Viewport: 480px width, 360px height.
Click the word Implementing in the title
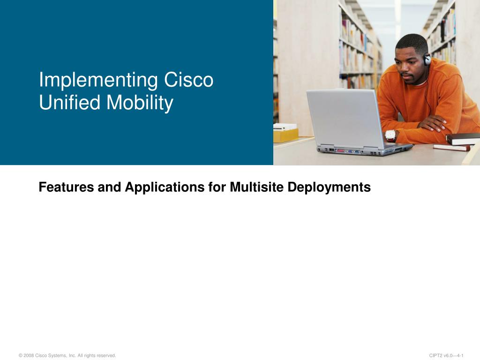98,80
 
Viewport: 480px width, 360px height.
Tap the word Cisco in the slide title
188,80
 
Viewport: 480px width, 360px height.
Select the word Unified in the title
70,102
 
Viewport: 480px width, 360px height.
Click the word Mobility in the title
140,103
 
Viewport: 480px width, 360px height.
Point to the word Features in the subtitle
66,187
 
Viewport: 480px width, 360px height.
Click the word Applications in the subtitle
165,187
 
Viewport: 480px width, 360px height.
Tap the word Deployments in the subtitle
329,187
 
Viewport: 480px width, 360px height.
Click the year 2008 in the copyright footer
29,355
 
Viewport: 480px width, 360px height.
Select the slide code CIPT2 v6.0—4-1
446,355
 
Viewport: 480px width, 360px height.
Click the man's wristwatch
390,135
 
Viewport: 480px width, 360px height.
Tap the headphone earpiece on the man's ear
427,59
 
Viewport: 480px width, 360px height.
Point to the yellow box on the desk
285,135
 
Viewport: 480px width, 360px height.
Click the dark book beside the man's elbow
463,139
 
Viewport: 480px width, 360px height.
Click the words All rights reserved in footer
97,355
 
